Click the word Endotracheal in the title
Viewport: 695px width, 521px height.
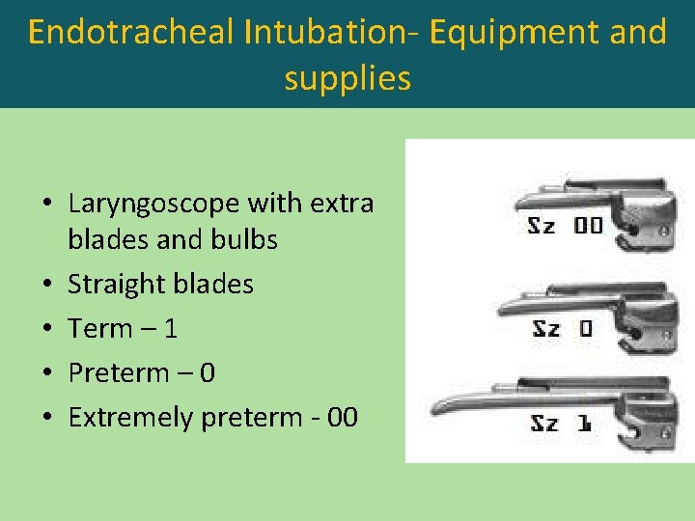130,33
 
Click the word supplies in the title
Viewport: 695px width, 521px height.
347,78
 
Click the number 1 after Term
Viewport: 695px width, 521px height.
171,329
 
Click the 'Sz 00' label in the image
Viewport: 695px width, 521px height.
565,226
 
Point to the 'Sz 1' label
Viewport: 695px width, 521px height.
560,423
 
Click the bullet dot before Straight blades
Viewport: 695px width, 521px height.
47,286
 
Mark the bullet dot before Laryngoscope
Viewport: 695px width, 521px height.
47,205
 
